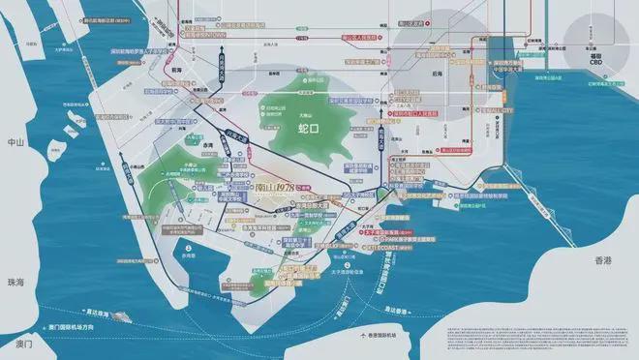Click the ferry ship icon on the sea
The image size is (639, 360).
[x=123, y=315]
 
